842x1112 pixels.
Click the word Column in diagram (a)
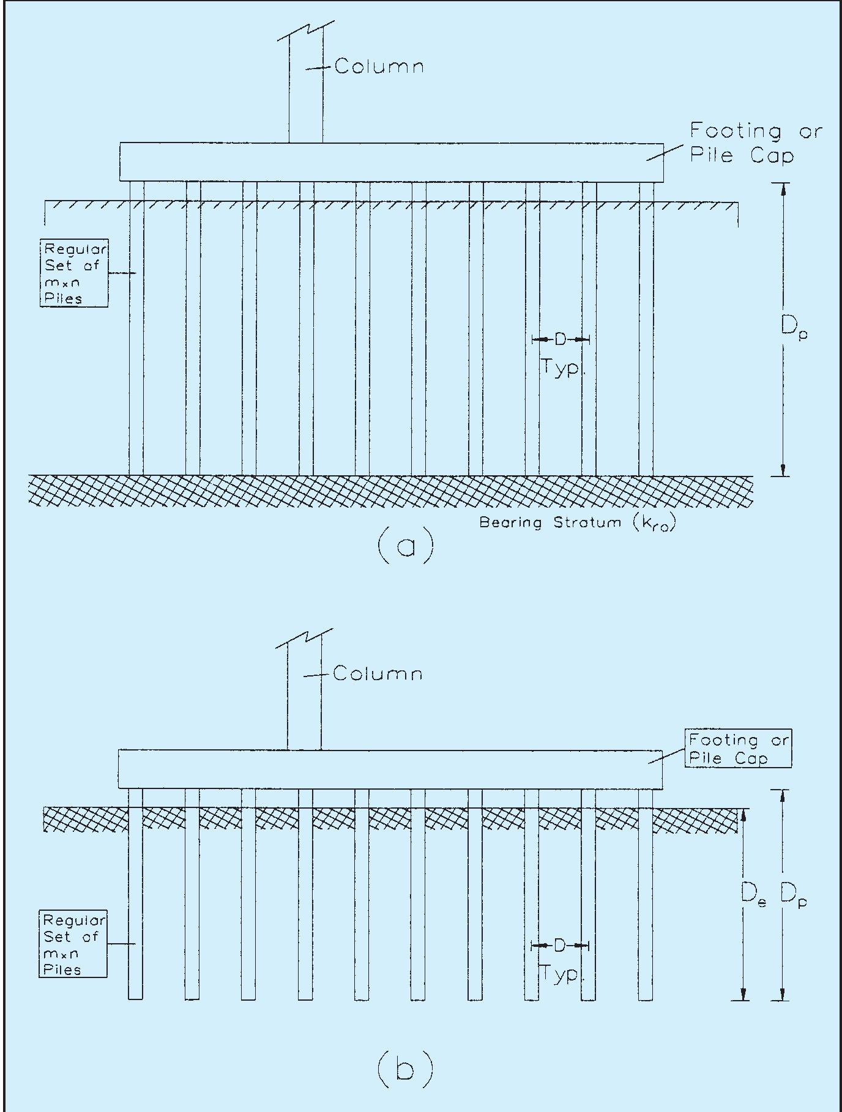[x=379, y=66]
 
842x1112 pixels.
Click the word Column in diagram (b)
[x=378, y=674]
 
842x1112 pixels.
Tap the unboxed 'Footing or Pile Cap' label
[x=755, y=143]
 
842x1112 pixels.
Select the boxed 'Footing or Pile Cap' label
[x=738, y=749]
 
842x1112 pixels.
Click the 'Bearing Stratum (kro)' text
[x=578, y=523]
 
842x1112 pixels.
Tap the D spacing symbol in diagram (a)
[x=561, y=339]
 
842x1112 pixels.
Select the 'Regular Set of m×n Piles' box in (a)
[x=74, y=273]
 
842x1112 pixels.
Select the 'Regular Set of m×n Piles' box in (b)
[x=73, y=944]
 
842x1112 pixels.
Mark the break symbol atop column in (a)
[x=306, y=31]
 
